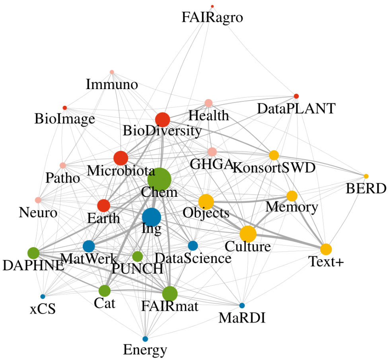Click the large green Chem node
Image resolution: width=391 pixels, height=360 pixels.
coord(159,179)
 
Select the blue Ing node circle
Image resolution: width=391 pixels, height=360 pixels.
coord(152,218)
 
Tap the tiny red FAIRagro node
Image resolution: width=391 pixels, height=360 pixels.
coord(212,6)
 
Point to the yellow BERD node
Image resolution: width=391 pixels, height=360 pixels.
coord(366,176)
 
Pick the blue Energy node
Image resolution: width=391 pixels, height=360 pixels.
coord(145,339)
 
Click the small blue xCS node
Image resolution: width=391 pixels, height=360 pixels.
coord(43,296)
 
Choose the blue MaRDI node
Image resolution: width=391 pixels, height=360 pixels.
coord(242,306)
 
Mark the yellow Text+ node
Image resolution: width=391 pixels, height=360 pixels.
coord(326,249)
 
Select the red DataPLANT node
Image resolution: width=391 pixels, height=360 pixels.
coord(296,96)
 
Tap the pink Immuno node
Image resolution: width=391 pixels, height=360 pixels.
coord(112,72)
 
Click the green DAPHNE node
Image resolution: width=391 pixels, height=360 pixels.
coord(33,253)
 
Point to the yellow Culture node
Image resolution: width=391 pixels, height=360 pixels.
coord(248,234)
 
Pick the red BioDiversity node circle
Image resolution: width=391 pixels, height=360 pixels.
coord(163,120)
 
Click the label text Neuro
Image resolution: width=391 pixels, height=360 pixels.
coord(38,213)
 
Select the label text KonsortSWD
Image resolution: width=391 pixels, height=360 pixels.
coord(274,168)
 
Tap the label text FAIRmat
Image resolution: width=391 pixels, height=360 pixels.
coord(169,306)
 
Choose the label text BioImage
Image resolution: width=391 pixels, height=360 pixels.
coord(65,119)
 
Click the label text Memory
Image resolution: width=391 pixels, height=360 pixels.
coord(292,207)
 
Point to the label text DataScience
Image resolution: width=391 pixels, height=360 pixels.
coord(193,258)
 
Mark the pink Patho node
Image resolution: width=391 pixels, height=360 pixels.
coord(63,165)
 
